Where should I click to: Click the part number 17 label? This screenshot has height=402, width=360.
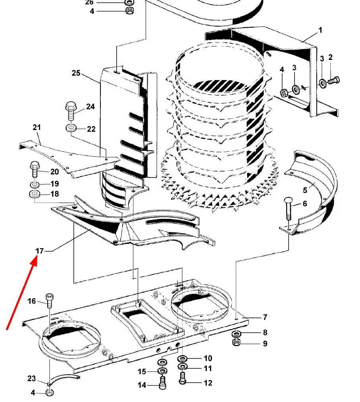(40, 251)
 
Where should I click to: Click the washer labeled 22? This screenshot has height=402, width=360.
(71, 127)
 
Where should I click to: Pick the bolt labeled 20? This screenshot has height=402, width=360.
(35, 169)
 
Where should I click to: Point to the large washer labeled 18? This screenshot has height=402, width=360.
(35, 194)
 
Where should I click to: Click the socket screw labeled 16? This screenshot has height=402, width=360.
(49, 301)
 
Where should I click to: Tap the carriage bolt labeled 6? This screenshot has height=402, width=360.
(289, 208)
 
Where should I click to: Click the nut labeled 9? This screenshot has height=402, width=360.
(236, 342)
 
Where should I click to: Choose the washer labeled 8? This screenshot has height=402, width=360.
(236, 334)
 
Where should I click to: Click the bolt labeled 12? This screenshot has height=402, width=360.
(183, 379)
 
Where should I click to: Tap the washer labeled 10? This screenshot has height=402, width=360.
(183, 358)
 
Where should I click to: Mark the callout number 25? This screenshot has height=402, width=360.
(76, 73)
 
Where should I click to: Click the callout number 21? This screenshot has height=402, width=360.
(37, 127)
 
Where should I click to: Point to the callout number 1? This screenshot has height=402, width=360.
(320, 30)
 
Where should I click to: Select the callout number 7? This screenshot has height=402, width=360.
(265, 318)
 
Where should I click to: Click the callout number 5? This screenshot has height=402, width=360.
(305, 190)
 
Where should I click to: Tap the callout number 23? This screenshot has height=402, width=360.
(32, 379)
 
